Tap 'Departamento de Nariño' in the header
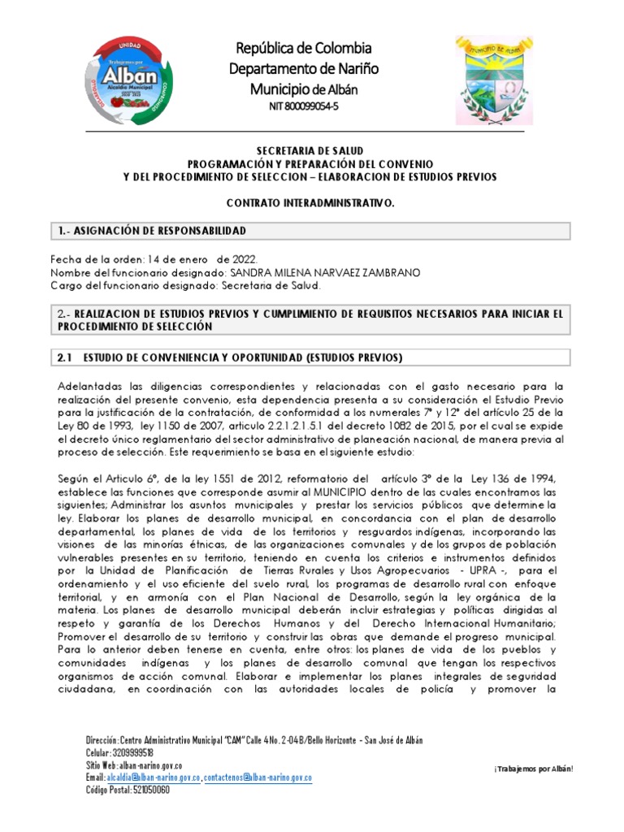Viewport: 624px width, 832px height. click(303, 68)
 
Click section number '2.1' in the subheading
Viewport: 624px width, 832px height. click(66, 357)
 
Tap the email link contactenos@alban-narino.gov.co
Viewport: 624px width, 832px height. click(257, 778)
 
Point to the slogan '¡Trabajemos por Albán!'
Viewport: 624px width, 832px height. click(533, 768)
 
